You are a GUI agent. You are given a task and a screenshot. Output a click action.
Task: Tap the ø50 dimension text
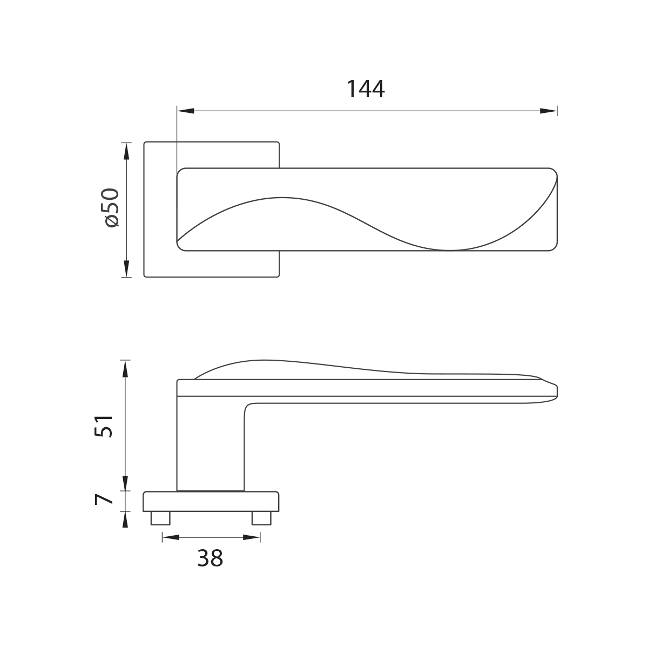click(112, 208)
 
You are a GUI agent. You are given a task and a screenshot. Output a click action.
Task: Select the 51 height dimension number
click(103, 426)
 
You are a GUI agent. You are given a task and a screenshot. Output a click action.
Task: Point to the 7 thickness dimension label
click(104, 500)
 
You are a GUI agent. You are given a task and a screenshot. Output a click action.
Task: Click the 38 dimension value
click(210, 558)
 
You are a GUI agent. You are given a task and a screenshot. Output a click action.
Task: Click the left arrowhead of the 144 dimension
click(186, 111)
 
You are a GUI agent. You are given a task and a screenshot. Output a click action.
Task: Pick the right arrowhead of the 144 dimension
click(549, 111)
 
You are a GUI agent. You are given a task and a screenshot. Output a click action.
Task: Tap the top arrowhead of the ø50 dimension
click(126, 151)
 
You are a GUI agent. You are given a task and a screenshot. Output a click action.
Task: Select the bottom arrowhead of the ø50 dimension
click(126, 269)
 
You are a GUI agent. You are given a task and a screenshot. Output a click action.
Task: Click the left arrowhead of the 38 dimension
click(171, 537)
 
